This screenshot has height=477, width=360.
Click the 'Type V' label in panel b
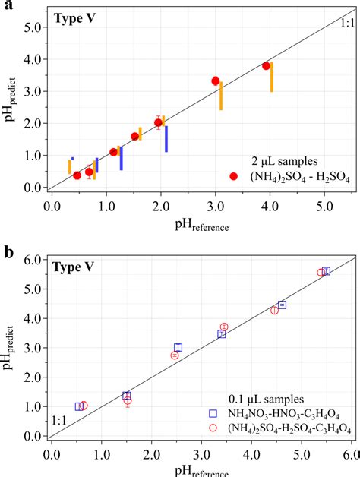pos(74,267)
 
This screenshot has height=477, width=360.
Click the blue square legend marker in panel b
pos(214,413)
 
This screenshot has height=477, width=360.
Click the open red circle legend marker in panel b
pos(214,428)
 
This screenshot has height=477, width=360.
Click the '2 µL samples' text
pos(285,161)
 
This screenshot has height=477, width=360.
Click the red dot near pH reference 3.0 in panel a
pos(216,81)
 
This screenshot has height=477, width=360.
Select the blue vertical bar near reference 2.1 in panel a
pos(166,139)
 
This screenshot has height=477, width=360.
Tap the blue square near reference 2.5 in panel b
pos(178,347)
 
